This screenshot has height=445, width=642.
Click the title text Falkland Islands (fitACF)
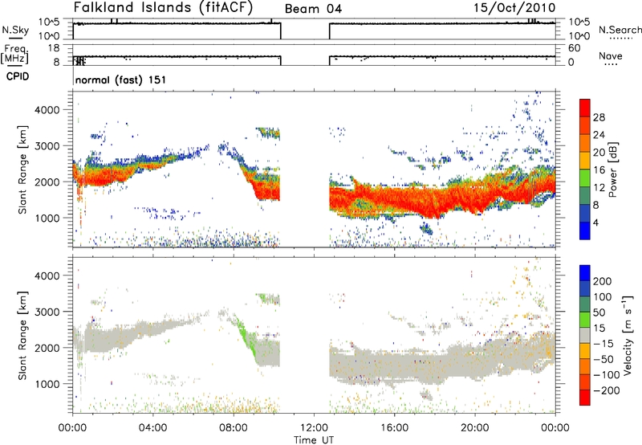tap(163, 7)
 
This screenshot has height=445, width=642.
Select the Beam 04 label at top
tap(313, 9)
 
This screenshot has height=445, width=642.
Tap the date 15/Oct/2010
tap(514, 8)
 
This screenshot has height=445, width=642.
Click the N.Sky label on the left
tap(15, 30)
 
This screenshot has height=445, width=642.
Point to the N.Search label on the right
tap(620, 30)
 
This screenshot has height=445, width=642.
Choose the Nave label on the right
tap(611, 55)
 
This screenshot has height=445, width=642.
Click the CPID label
tap(18, 76)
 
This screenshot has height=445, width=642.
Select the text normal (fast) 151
tap(121, 80)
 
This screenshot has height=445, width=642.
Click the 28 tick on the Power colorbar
tap(599, 117)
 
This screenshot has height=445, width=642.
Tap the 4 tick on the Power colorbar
tap(596, 222)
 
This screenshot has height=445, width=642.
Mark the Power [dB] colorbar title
tap(613, 169)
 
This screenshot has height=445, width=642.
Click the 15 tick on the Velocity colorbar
tap(599, 328)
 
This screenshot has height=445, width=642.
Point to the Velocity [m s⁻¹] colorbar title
tap(628, 335)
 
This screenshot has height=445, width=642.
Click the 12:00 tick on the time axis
tap(314, 428)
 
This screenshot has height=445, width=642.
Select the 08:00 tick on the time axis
tap(234, 428)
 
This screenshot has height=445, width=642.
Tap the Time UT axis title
tap(314, 440)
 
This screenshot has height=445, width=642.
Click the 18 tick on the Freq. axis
tap(54, 48)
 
